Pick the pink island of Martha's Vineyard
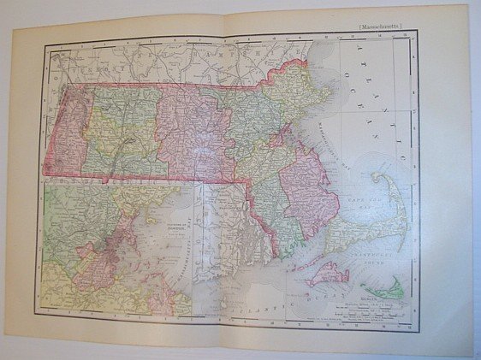click(325, 274)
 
